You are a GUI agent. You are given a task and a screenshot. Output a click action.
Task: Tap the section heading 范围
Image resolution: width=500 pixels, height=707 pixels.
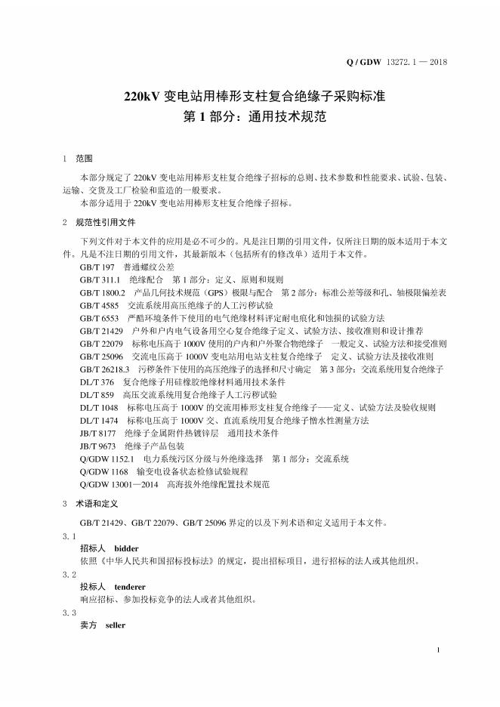[84, 159]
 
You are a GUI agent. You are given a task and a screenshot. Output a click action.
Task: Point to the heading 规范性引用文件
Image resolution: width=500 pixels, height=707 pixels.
[105, 223]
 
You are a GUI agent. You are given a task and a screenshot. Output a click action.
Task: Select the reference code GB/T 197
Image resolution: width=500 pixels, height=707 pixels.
[97, 267]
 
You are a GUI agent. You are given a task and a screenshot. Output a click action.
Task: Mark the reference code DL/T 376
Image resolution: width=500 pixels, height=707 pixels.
[97, 381]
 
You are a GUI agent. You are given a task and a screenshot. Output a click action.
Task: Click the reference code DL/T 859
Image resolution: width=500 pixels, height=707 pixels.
[97, 394]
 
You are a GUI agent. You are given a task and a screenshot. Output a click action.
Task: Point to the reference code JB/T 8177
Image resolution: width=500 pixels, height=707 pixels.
[97, 433]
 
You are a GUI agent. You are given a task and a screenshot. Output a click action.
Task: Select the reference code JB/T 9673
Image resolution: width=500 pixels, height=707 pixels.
[97, 446]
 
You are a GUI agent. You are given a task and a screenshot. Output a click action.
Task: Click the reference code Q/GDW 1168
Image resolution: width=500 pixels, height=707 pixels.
[103, 471]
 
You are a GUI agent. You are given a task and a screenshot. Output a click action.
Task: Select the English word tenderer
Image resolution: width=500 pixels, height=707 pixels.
[130, 586]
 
